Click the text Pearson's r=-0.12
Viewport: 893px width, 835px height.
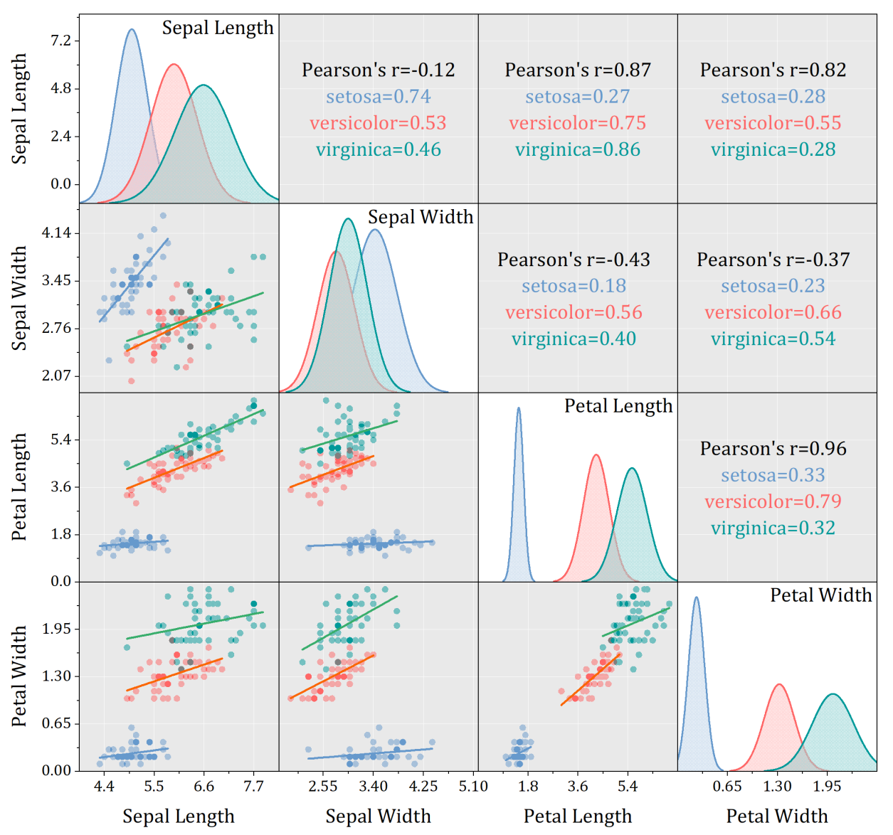tap(378, 70)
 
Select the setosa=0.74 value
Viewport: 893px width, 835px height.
tap(378, 96)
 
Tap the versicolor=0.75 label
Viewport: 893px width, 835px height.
tap(577, 123)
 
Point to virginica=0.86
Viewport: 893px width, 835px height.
tap(577, 149)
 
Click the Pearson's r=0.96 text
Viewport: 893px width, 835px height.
tap(773, 449)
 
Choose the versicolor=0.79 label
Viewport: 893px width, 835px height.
tap(773, 501)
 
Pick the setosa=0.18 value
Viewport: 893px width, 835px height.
tap(574, 286)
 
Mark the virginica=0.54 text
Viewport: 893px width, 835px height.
tap(773, 339)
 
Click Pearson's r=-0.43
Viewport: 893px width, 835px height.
tap(574, 260)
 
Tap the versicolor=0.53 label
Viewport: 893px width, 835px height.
tap(378, 123)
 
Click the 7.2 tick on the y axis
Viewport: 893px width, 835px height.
tap(61, 41)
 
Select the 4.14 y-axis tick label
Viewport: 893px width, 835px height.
tap(57, 233)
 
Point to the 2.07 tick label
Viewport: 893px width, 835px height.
tap(57, 376)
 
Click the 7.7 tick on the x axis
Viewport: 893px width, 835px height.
tap(253, 787)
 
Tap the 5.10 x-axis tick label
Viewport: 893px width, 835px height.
tap(473, 787)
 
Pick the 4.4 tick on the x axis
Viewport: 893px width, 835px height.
tap(104, 787)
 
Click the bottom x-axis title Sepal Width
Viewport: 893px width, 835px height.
tap(378, 816)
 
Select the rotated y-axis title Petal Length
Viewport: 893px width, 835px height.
tap(19, 487)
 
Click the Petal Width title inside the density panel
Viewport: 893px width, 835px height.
tap(820, 595)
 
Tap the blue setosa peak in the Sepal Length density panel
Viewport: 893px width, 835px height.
tap(132, 30)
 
